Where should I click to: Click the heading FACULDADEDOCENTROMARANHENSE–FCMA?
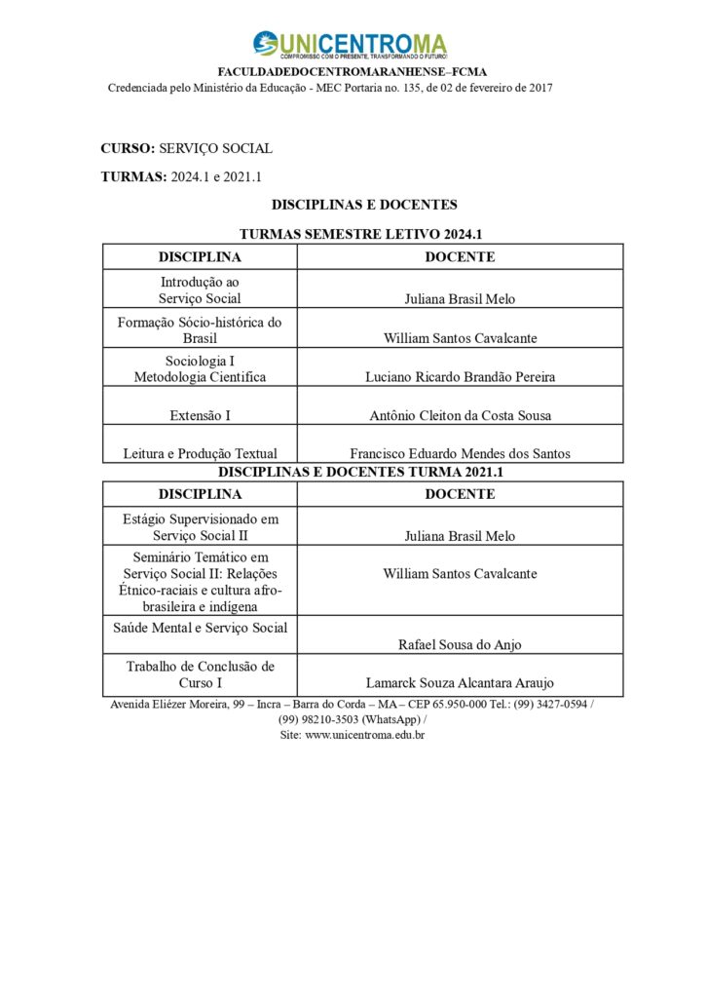click(x=352, y=72)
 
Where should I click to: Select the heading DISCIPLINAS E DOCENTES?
click(x=364, y=205)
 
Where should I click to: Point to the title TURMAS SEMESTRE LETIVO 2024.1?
click(x=362, y=234)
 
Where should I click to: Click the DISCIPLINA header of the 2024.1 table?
click(x=200, y=256)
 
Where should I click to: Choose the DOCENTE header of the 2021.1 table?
click(x=460, y=494)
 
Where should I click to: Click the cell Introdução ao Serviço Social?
click(x=200, y=290)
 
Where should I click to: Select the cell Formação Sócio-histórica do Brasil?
click(x=200, y=329)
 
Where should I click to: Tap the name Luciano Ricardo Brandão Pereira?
click(x=460, y=377)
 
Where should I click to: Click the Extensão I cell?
click(x=200, y=415)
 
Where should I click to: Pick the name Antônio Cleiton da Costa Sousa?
click(x=460, y=415)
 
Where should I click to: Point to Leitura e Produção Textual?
click(x=200, y=453)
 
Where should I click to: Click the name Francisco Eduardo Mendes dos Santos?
click(x=460, y=453)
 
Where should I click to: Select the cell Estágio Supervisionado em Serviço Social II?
click(x=200, y=527)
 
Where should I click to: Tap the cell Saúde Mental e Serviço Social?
click(x=200, y=628)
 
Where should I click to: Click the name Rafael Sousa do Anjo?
click(x=460, y=644)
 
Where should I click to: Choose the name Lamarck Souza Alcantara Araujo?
click(x=460, y=683)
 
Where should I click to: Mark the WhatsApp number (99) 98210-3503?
click(x=319, y=719)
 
